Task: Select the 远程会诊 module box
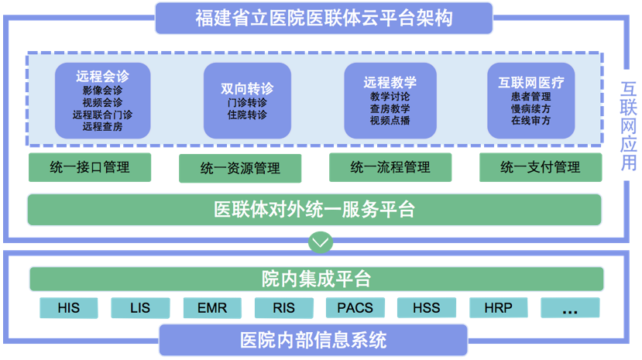(102, 101)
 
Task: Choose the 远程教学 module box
(390, 101)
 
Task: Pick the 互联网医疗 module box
(531, 101)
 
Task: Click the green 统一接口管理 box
(90, 167)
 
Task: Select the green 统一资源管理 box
(239, 168)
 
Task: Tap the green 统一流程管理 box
(390, 167)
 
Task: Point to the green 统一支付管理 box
(540, 167)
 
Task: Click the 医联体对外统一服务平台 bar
(314, 209)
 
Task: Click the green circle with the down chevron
(320, 242)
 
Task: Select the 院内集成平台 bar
(316, 279)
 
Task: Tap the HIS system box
(69, 307)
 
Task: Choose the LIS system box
(140, 307)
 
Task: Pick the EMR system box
(212, 307)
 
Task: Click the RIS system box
(283, 307)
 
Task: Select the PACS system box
(355, 307)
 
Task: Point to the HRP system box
(498, 307)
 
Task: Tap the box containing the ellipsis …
(570, 307)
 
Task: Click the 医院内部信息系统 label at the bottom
(313, 340)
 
